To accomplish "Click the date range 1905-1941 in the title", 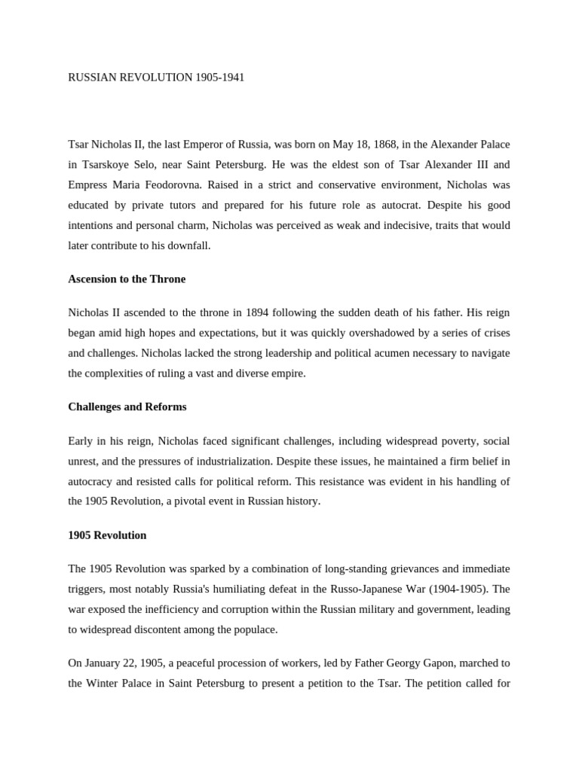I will (x=219, y=78).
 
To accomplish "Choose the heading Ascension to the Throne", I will (x=127, y=279).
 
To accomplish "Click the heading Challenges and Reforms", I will (x=127, y=407).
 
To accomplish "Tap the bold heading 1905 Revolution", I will (x=107, y=535).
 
